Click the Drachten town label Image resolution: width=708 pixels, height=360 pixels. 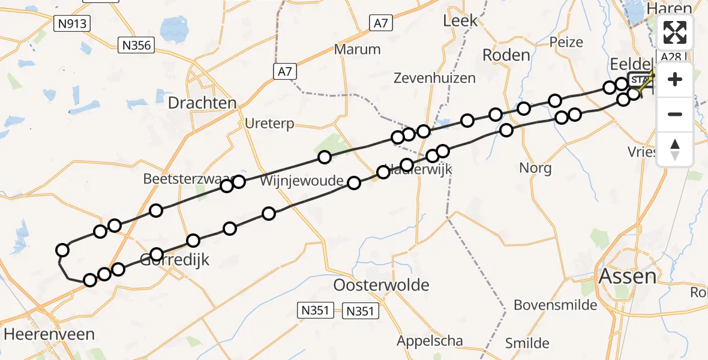pyautogui.click(x=202, y=103)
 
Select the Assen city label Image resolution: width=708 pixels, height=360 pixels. pyautogui.click(x=627, y=277)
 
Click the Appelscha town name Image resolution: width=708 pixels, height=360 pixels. pyautogui.click(x=430, y=341)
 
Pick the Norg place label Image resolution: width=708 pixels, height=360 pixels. pyautogui.click(x=535, y=167)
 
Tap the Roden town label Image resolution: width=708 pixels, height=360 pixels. pyautogui.click(x=506, y=55)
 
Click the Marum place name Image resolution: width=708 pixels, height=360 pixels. pyautogui.click(x=358, y=49)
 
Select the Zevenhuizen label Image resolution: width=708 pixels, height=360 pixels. pyautogui.click(x=434, y=77)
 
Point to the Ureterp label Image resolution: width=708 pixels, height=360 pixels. pyautogui.click(x=269, y=124)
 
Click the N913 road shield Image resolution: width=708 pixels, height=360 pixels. pyautogui.click(x=71, y=24)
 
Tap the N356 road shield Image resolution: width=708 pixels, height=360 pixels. pyautogui.click(x=136, y=45)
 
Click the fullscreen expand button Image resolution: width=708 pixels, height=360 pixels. pyautogui.click(x=675, y=32)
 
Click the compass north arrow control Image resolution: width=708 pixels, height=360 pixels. pyautogui.click(x=675, y=149)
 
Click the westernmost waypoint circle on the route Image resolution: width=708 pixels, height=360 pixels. pyautogui.click(x=62, y=250)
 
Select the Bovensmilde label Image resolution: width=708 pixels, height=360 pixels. pyautogui.click(x=556, y=305)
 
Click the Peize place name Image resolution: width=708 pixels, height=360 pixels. pyautogui.click(x=566, y=42)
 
